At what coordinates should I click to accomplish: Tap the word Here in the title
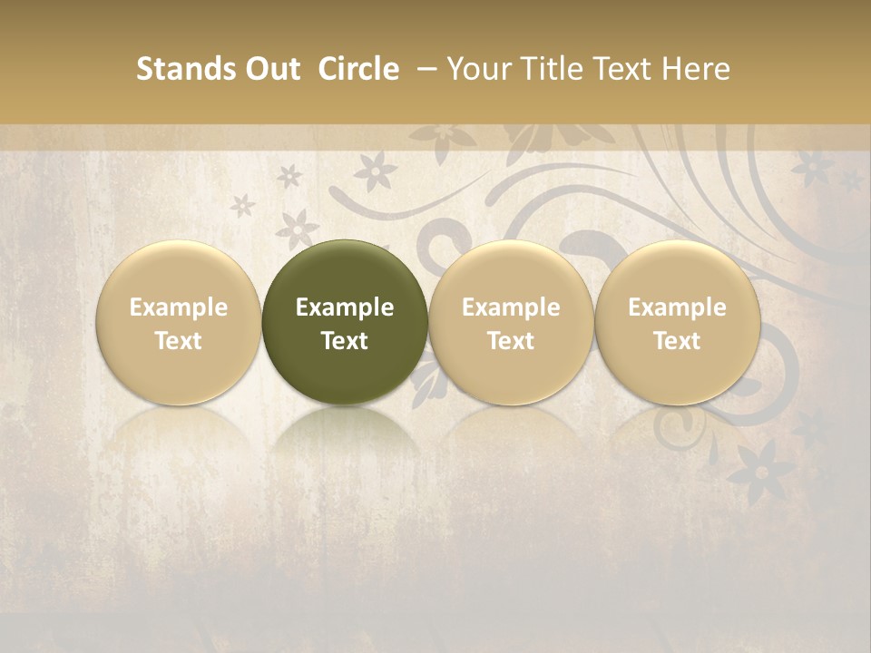[697, 69]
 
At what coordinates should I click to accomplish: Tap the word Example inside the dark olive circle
[345, 307]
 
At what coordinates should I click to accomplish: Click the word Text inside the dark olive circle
[345, 341]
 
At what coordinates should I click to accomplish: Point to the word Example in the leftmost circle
[179, 307]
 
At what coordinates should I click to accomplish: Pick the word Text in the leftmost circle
[179, 341]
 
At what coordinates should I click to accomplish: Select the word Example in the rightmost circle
[677, 307]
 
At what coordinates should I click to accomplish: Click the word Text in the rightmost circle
[677, 341]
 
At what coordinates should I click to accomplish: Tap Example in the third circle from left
[511, 307]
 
